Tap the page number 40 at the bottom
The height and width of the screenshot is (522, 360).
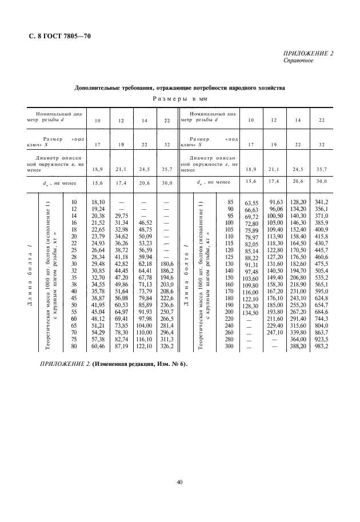(x=179, y=484)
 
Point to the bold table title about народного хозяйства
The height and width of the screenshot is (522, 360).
(x=180, y=87)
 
